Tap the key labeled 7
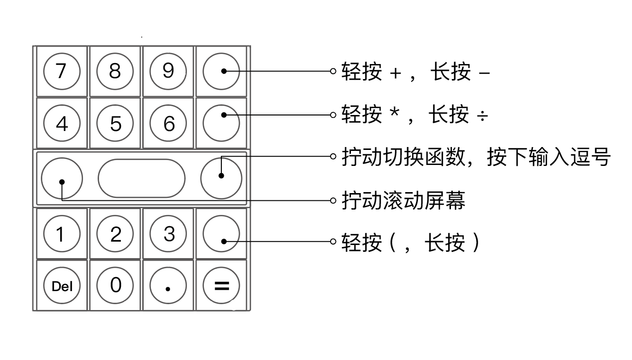[62, 72]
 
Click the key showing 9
[168, 72]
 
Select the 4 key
[62, 124]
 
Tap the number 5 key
[115, 124]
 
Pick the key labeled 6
[168, 124]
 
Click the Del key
[62, 286]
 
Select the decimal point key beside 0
[168, 286]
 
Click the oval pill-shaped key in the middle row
[141, 178]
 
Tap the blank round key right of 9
[221, 72]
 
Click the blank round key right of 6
[221, 124]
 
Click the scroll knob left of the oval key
[62, 178]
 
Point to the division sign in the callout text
[482, 116]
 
